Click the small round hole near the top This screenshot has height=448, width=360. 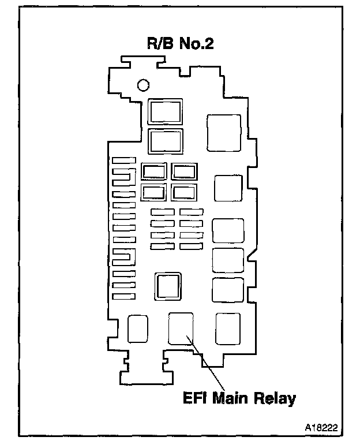(x=142, y=85)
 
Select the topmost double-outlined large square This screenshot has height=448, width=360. (x=166, y=111)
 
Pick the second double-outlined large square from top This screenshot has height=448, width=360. (x=166, y=141)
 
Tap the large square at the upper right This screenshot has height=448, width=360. (x=224, y=133)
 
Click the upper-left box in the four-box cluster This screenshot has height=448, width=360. (x=154, y=171)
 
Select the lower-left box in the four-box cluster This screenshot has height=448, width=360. (x=154, y=192)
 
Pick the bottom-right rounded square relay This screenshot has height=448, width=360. (x=227, y=328)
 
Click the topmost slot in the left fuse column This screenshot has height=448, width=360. (x=123, y=160)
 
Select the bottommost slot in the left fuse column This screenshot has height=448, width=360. (x=123, y=297)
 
